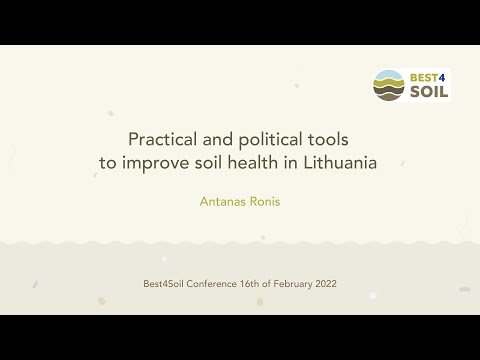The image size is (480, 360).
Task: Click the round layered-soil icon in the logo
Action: [390, 85]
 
